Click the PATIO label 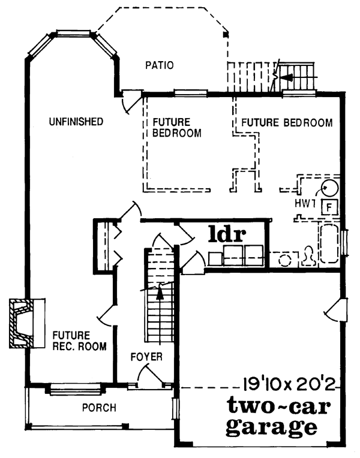[x=159, y=65]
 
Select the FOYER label [x=147, y=357]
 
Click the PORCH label [x=99, y=408]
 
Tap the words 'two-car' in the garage [x=279, y=408]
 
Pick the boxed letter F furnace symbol [x=329, y=207]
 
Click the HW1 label [x=305, y=204]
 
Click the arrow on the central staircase [x=160, y=293]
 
